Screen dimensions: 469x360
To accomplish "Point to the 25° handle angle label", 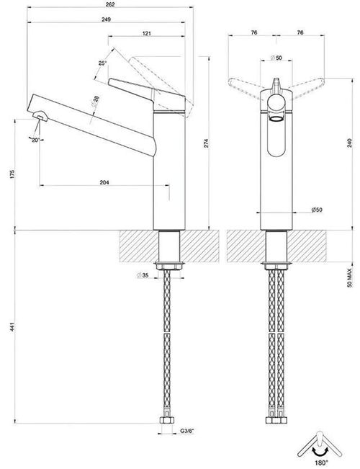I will point(102,63).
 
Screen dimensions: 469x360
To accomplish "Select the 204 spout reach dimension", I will point(106,183).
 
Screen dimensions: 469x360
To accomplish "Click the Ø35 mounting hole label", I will point(143,275).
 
